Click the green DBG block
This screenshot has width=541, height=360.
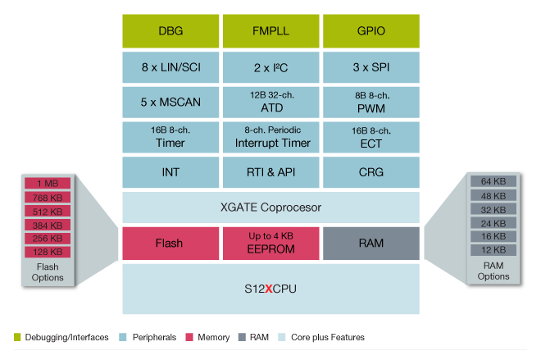(171, 31)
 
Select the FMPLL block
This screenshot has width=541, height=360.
(270, 31)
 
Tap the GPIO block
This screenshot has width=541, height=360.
(371, 31)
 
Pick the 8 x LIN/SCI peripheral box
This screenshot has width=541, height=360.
(171, 66)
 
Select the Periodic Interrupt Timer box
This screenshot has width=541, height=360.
(270, 137)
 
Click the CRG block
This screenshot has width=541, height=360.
(371, 172)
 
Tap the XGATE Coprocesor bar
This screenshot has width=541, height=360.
(270, 207)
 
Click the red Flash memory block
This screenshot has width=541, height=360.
(171, 243)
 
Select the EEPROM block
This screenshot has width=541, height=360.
(270, 243)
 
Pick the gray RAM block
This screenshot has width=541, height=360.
(371, 243)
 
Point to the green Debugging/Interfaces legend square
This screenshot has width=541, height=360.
(18, 337)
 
